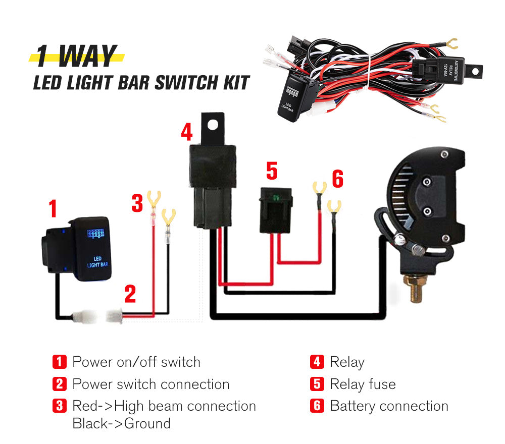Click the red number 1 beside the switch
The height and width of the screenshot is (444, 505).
pyautogui.click(x=53, y=208)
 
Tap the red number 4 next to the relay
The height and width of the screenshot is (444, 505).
pyautogui.click(x=187, y=132)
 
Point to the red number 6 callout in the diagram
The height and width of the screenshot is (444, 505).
pyautogui.click(x=337, y=179)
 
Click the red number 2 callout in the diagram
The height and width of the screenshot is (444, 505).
pyautogui.click(x=130, y=294)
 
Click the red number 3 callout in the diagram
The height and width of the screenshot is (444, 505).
pyautogui.click(x=137, y=203)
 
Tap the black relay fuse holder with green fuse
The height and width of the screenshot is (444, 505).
pyautogui.click(x=276, y=210)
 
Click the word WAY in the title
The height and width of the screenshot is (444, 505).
pyautogui.click(x=87, y=57)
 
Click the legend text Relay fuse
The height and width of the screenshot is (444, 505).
pyautogui.click(x=363, y=384)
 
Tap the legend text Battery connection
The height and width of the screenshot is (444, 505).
pyautogui.click(x=389, y=406)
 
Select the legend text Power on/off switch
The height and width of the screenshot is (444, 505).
pyautogui.click(x=136, y=362)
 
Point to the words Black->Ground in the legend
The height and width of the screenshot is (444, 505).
pyautogui.click(x=121, y=423)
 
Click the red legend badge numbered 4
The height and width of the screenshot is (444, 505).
pyautogui.click(x=317, y=362)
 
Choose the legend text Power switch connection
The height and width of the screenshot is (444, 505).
pyautogui.click(x=150, y=384)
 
